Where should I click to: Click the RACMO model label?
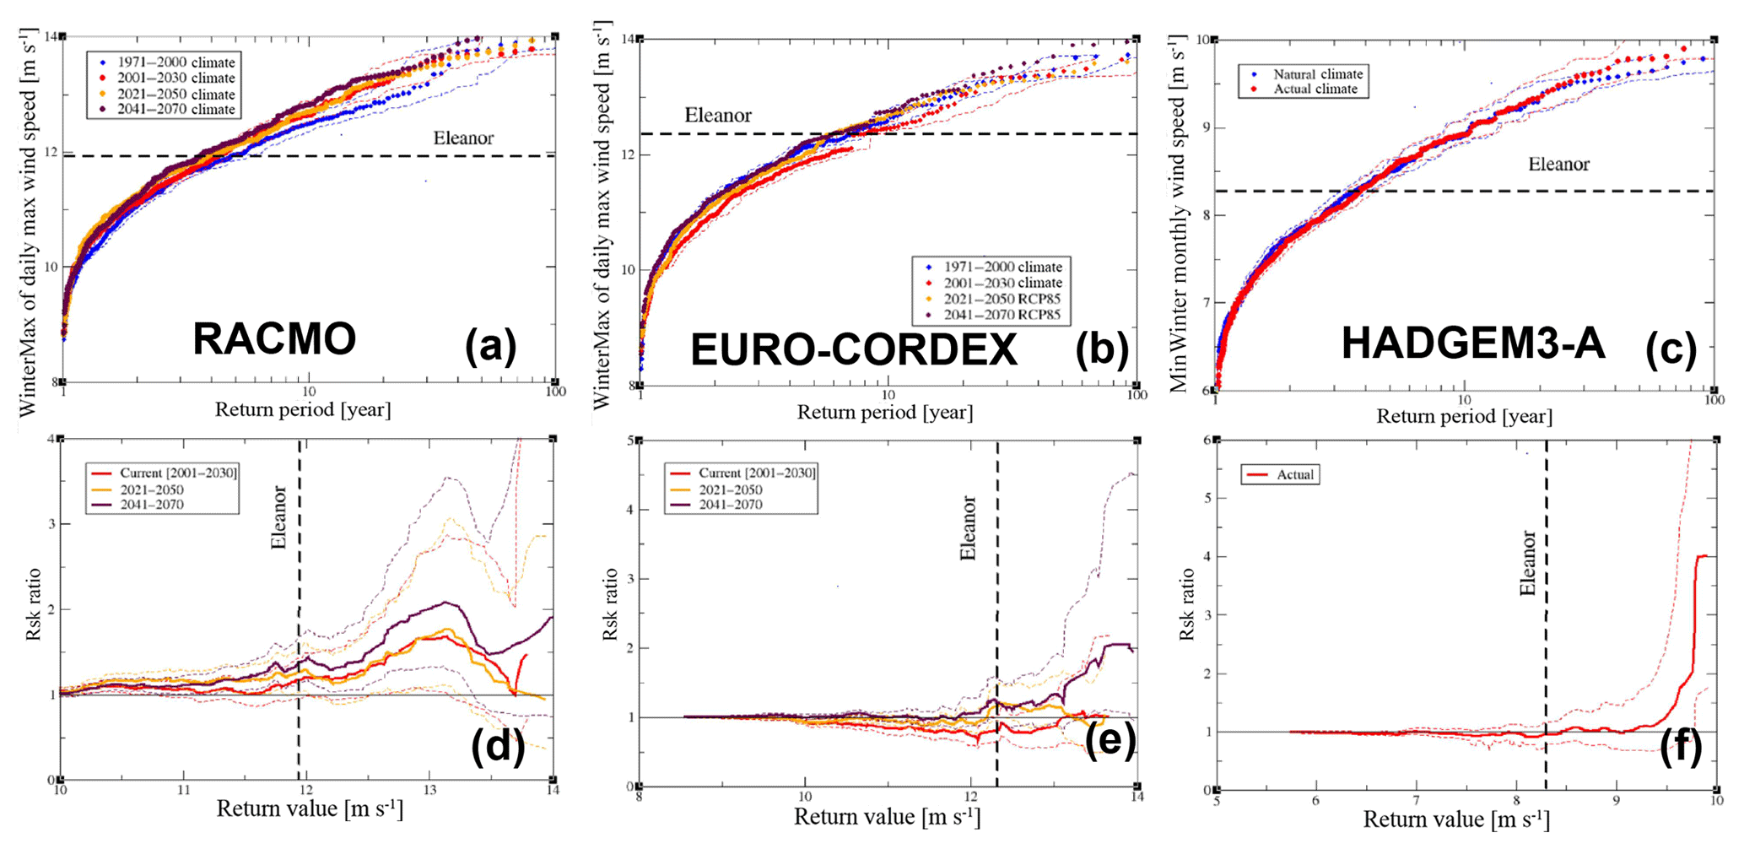click(x=274, y=339)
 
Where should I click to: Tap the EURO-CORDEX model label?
click(x=854, y=349)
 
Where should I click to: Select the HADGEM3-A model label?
click(x=1472, y=344)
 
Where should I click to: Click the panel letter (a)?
click(x=490, y=346)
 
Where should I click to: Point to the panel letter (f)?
click(x=1681, y=748)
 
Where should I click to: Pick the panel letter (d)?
click(x=498, y=746)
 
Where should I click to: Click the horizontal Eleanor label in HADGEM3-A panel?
click(x=1558, y=165)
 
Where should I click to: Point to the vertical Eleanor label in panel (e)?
click(x=968, y=528)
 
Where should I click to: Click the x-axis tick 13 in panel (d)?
click(x=429, y=791)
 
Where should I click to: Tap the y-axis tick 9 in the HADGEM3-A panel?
click(x=1204, y=128)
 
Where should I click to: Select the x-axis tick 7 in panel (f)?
click(x=1416, y=800)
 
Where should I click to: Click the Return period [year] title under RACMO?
click(x=303, y=410)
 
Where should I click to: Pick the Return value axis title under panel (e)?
click(x=887, y=818)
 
